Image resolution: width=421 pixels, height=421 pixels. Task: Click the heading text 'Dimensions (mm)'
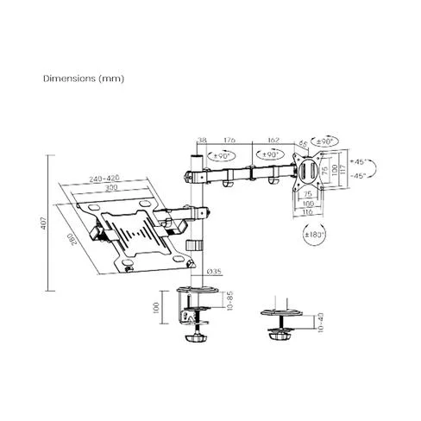click(x=84, y=78)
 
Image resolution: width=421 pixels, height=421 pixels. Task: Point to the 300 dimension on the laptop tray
click(x=110, y=187)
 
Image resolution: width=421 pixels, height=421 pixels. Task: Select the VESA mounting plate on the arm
click(x=308, y=177)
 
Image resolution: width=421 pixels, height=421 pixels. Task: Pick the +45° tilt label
click(x=362, y=160)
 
